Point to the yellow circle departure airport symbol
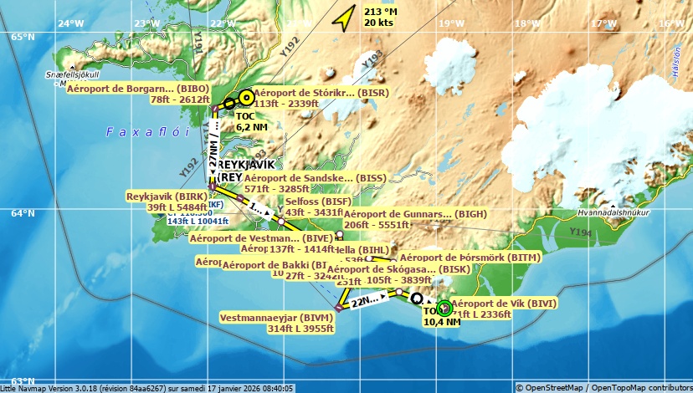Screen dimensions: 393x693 click(x=245, y=96)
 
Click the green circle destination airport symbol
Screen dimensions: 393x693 click(x=444, y=308)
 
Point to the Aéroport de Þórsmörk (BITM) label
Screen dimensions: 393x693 click(x=470, y=258)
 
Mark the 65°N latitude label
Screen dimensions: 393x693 click(x=22, y=36)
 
